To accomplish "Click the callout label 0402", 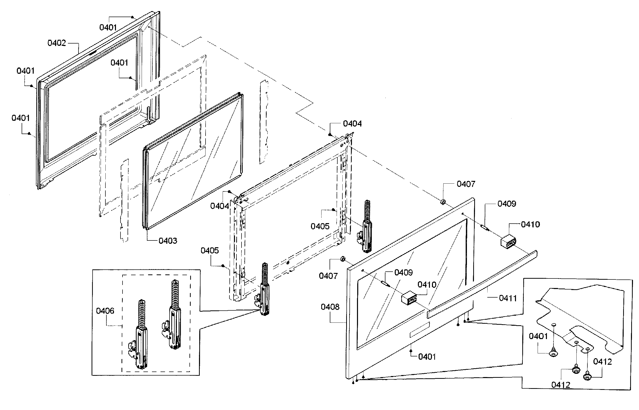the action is tap(56, 43).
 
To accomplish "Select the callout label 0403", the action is tap(168, 241).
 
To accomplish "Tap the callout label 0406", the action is tap(105, 311).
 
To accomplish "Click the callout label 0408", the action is tap(330, 307).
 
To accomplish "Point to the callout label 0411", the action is tap(508, 298).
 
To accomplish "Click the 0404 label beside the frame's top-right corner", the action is tap(352, 124).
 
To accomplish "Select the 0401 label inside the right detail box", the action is tap(538, 336).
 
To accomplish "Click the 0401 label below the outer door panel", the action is tap(427, 356).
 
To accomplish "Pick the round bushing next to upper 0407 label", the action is tap(443, 202).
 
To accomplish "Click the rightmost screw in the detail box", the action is tap(587, 377).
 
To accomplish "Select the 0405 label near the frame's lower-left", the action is tap(210, 251).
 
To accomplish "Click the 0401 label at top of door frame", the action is tap(108, 27).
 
